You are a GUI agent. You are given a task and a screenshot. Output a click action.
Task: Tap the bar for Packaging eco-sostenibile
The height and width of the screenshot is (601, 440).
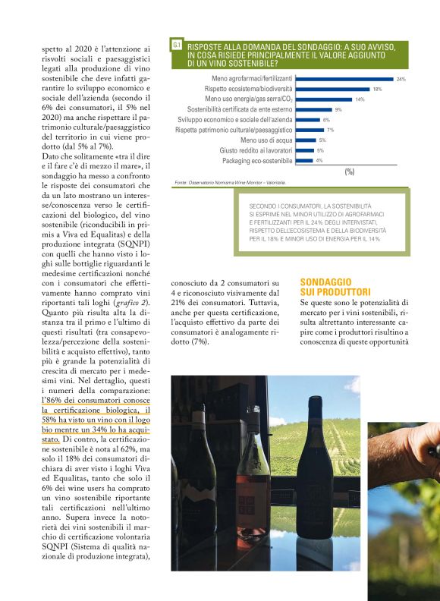tap(303, 161)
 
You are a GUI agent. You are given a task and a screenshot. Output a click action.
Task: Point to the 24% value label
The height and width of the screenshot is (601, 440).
tap(401, 79)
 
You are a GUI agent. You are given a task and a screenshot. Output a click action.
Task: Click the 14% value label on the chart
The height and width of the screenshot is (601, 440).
tap(360, 99)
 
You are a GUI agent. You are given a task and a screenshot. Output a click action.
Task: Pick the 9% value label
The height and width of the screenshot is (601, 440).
tap(338, 110)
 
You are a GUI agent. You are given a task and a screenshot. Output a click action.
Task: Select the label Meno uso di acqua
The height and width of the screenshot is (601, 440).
tap(267, 140)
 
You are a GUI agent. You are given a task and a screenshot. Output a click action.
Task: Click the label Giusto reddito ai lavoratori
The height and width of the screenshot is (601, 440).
tap(256, 151)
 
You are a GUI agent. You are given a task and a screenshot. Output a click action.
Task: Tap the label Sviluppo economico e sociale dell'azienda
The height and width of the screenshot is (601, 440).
tap(235, 120)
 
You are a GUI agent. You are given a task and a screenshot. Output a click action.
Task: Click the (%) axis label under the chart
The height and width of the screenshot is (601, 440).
tap(349, 172)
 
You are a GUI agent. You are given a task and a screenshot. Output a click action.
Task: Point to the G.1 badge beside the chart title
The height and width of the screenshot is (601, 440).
tap(177, 46)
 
